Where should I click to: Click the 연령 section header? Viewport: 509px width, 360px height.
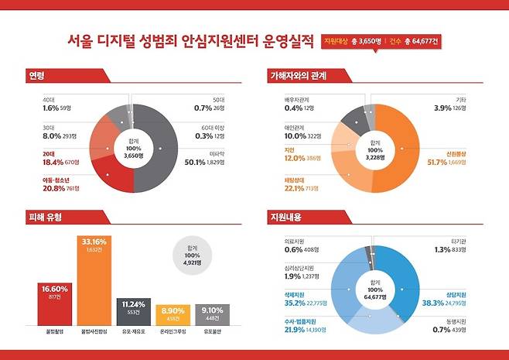[37, 76]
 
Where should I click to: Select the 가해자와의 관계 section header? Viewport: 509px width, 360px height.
[298, 76]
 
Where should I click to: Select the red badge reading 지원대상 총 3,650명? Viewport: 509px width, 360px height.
[350, 40]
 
